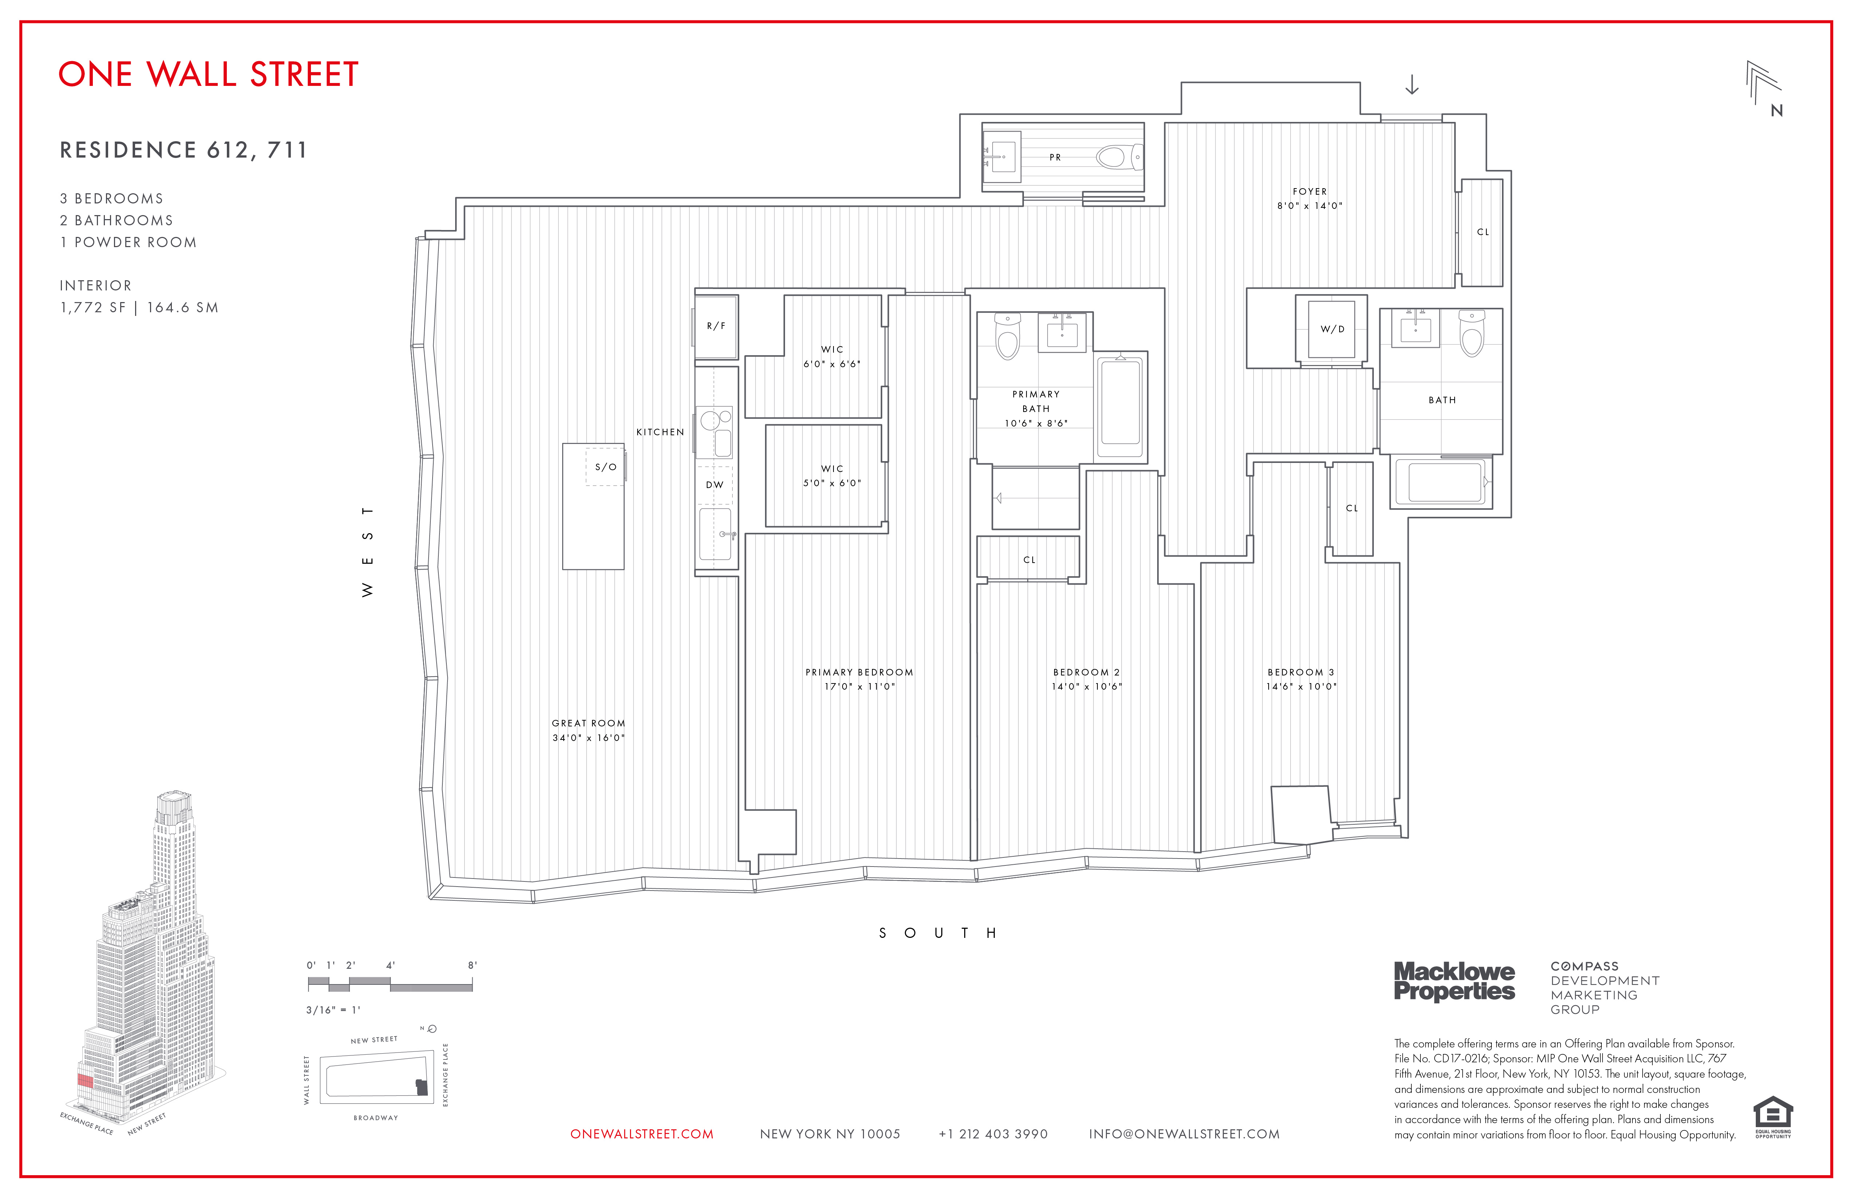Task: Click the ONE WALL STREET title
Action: pyautogui.click(x=208, y=75)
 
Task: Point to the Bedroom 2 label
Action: pyautogui.click(x=1086, y=672)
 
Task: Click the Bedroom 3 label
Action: pyautogui.click(x=1301, y=672)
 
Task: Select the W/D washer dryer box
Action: pyautogui.click(x=1332, y=329)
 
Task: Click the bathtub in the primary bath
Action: pyautogui.click(x=1120, y=407)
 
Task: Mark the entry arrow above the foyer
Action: pyautogui.click(x=1411, y=85)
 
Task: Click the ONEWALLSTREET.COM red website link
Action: pyautogui.click(x=641, y=1134)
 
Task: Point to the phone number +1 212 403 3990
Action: pyautogui.click(x=993, y=1134)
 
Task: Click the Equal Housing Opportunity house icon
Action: pyautogui.click(x=1773, y=1113)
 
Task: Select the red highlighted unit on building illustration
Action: pyautogui.click(x=85, y=1081)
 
